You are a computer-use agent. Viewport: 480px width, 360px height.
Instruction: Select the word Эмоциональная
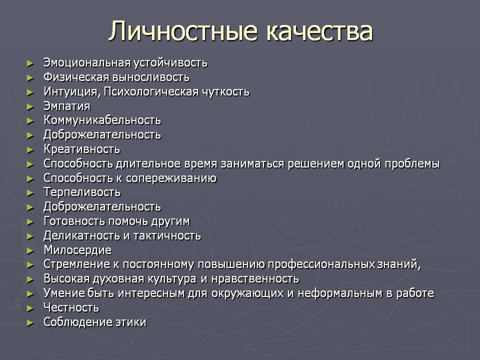[87, 63]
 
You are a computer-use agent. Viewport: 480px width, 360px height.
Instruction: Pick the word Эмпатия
[66, 106]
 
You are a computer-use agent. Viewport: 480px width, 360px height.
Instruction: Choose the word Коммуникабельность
[102, 120]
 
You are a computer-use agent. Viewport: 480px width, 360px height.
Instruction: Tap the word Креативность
[81, 149]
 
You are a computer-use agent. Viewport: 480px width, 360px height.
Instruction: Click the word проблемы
[412, 164]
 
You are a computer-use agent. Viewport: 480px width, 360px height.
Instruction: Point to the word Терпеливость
[82, 192]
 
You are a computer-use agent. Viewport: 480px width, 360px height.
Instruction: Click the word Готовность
[74, 221]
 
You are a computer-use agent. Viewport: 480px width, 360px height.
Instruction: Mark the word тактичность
[167, 235]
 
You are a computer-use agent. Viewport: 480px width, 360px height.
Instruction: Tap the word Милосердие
[77, 250]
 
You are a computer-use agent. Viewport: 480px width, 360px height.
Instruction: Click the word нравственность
[254, 279]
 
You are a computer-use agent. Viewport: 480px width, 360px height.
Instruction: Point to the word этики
[130, 322]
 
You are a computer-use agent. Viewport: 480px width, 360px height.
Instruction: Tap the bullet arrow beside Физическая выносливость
[30, 78]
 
